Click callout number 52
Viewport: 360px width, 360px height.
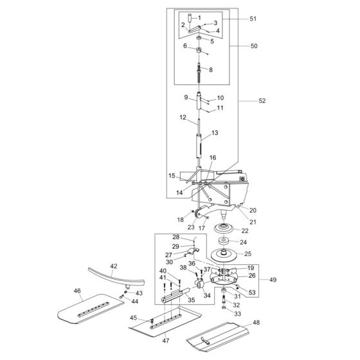point(262,101)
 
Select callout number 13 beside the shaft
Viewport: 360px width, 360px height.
point(215,132)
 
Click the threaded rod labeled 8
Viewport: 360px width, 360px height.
point(200,71)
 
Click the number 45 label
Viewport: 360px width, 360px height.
point(133,317)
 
